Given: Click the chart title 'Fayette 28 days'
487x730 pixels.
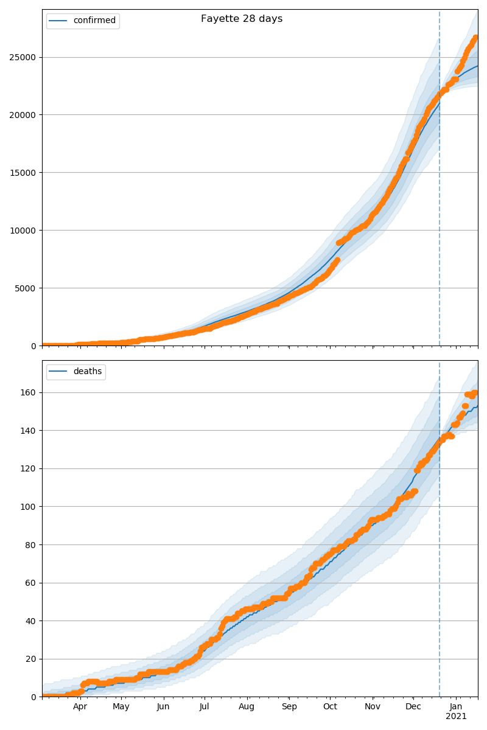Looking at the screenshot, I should point(242,19).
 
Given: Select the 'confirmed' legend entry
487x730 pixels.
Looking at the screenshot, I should point(94,21).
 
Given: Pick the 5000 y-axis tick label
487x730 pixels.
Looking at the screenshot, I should point(26,288).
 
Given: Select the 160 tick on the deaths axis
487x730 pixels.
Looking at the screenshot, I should point(29,392).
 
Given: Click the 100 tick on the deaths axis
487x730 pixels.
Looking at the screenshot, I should point(29,507).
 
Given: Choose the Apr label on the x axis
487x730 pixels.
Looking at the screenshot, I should point(80,707).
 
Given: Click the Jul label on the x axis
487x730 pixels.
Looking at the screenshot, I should point(205,707).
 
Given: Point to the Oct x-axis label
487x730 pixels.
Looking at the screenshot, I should point(329,707).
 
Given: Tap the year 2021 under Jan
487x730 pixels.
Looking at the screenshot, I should point(456,717).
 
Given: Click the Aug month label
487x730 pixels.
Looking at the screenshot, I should point(247,707).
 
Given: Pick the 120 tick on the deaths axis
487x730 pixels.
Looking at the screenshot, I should point(29,468).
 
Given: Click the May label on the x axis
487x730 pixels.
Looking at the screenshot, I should point(121,707).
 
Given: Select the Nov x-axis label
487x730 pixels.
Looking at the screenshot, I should point(372,707).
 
